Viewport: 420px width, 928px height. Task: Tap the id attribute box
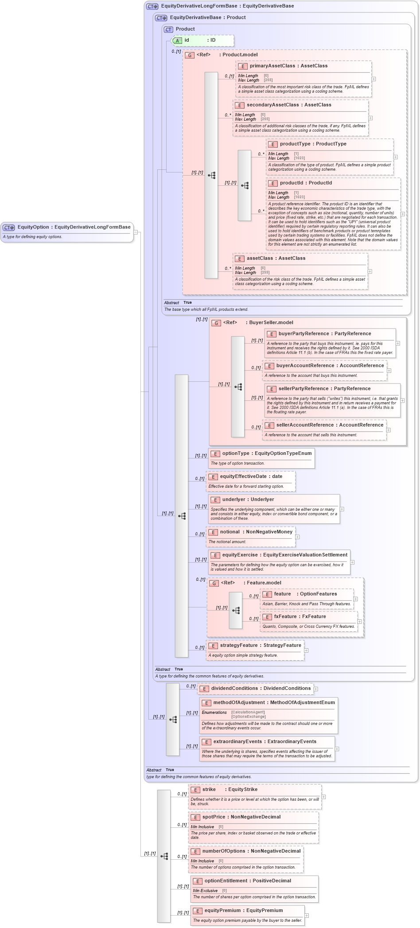click(x=203, y=40)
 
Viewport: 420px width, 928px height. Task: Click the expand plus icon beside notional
click(x=297, y=537)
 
